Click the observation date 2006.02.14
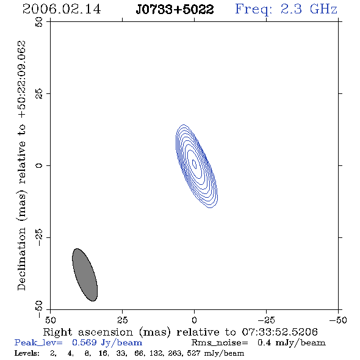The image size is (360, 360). [62, 9]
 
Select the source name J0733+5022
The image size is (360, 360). [175, 10]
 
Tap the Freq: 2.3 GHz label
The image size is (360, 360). [286, 10]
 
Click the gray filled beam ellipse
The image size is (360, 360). [85, 275]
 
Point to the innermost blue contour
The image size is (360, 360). [194, 164]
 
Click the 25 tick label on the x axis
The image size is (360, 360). [122, 320]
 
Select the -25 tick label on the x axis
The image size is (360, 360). [266, 320]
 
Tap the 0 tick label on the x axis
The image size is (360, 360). [194, 320]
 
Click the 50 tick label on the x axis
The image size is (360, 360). [50, 320]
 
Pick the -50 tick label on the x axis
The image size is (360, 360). [338, 320]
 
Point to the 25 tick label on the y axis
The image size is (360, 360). [39, 94]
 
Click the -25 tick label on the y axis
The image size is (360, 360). [39, 237]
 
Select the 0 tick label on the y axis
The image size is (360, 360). [39, 165]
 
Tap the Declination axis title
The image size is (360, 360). [21, 165]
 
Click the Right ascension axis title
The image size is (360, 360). [180, 332]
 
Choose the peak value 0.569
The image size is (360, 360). [84, 342]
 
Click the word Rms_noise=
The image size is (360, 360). [220, 343]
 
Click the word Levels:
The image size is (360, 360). [27, 353]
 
